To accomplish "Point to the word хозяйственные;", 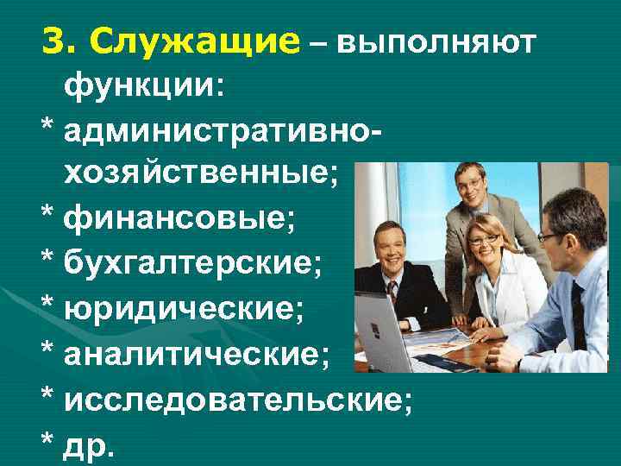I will coord(201,175).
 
